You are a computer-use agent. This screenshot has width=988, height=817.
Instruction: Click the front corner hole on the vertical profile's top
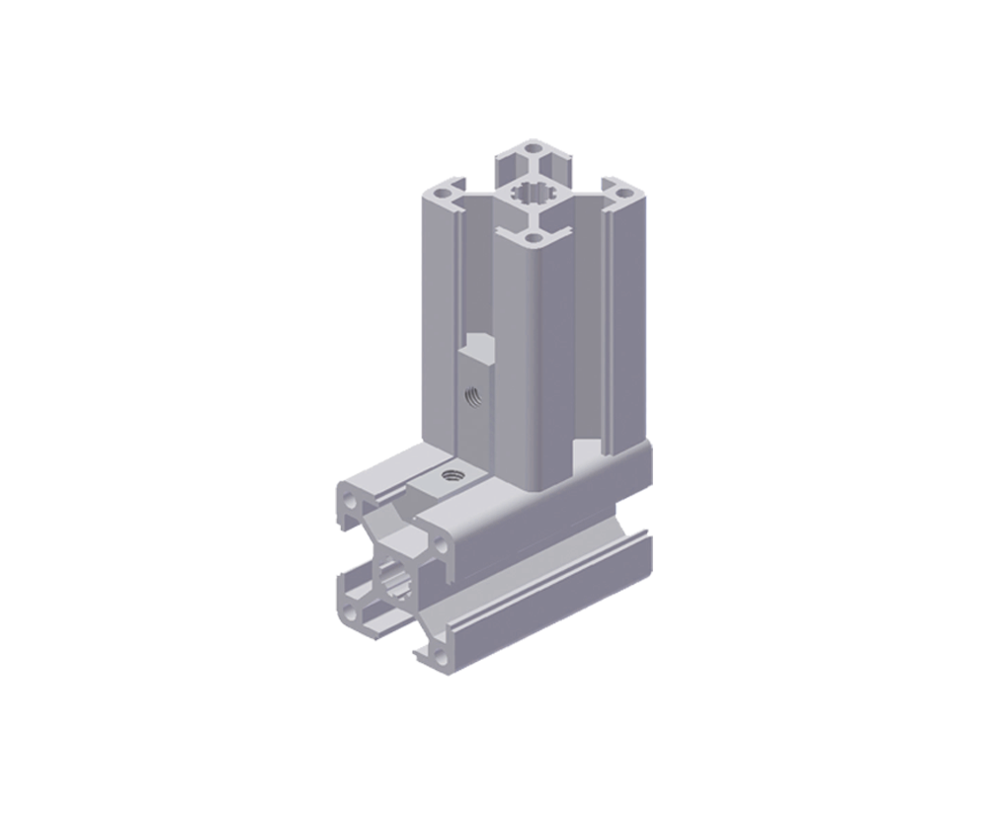coord(535,238)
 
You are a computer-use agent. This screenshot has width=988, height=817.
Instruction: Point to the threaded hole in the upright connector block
coord(472,398)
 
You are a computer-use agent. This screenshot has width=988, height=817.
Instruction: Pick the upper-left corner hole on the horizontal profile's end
coord(353,500)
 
